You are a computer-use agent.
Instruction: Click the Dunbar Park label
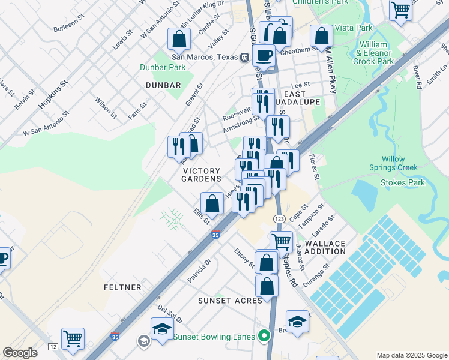[x=163, y=68]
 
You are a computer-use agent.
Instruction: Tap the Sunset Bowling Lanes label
[x=213, y=337]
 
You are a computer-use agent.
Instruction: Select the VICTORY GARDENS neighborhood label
[x=202, y=175]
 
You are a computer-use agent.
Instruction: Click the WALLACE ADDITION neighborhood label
[x=325, y=247]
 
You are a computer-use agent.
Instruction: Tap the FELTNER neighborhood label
[x=122, y=287]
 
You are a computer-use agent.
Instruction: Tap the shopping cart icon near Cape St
[x=281, y=242]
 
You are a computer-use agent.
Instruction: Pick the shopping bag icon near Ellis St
[x=212, y=203]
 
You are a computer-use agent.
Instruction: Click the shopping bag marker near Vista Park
[x=322, y=37]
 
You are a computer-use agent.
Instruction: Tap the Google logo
[x=20, y=353]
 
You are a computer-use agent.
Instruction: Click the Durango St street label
[x=317, y=274]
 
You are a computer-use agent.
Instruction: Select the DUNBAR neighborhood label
[x=163, y=86]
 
